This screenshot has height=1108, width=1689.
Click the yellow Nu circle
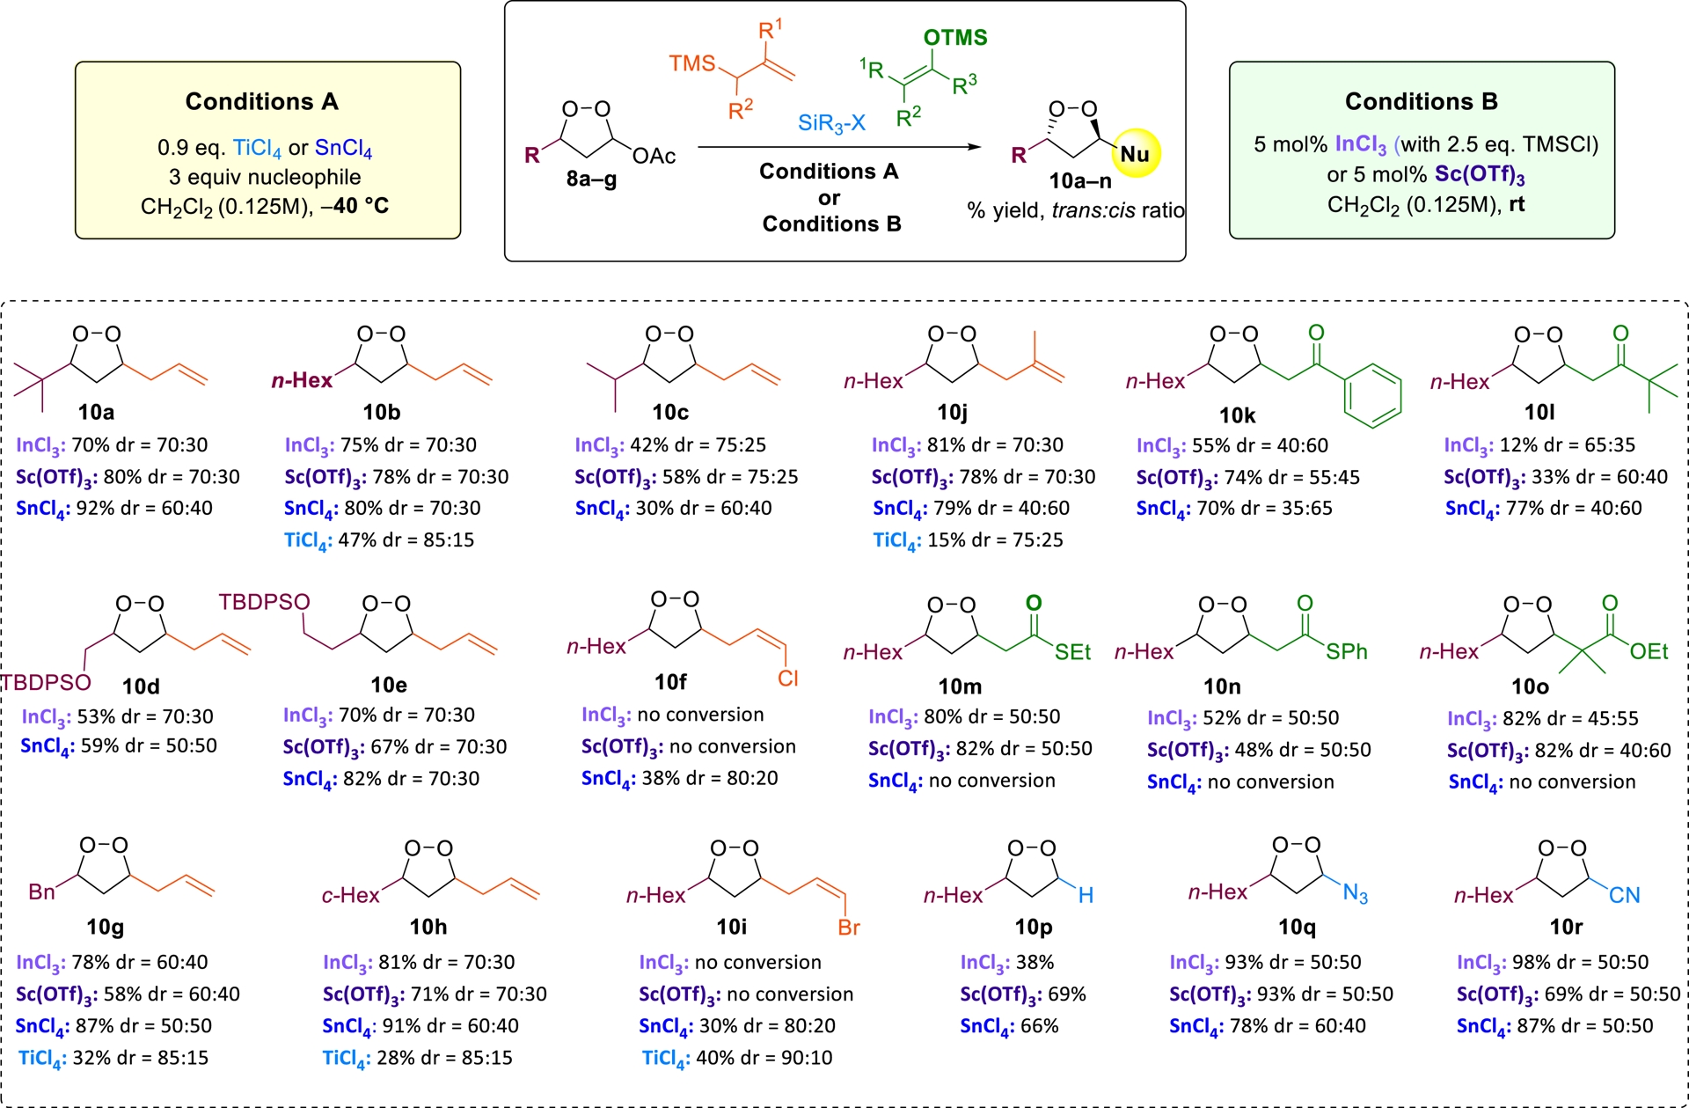click(x=1135, y=153)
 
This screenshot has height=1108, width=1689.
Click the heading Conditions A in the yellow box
click(x=261, y=101)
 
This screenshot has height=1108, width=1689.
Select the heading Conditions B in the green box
click(x=1421, y=101)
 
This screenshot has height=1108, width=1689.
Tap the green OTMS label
click(x=955, y=37)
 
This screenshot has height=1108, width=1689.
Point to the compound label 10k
click(x=1237, y=415)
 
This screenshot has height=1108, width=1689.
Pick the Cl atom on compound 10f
click(x=787, y=678)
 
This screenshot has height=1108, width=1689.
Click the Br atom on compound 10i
click(x=848, y=927)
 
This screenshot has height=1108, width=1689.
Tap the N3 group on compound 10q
click(x=1356, y=894)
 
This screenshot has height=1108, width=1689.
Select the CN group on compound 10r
click(x=1624, y=895)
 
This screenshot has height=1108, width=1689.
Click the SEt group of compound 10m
click(x=1072, y=652)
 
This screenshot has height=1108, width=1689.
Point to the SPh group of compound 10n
click(x=1347, y=651)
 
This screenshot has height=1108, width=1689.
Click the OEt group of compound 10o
click(x=1649, y=651)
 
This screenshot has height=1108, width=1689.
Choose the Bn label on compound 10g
click(x=41, y=892)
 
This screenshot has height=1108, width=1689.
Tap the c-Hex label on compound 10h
click(x=350, y=895)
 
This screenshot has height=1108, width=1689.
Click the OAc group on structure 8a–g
click(x=654, y=156)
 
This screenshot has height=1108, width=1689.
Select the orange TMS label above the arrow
click(x=692, y=63)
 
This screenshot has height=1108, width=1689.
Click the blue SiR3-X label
click(x=831, y=123)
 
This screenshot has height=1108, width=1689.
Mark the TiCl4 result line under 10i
click(x=737, y=1058)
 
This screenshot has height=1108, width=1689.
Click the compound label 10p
click(x=1033, y=927)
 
